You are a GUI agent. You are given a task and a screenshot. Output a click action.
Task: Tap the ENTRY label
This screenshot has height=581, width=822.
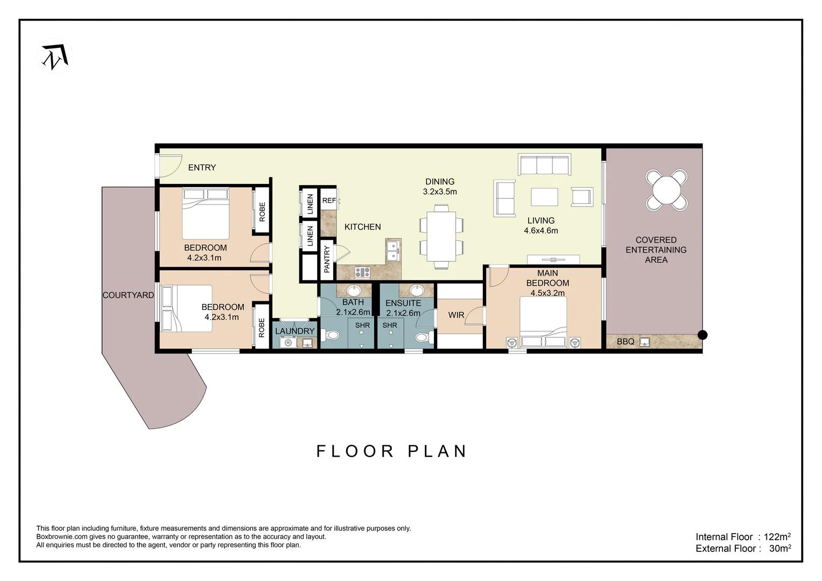[x=202, y=168]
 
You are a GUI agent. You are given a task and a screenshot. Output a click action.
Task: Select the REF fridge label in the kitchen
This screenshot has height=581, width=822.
[x=329, y=201]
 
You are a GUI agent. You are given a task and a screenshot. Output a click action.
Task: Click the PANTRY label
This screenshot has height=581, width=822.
[x=327, y=259]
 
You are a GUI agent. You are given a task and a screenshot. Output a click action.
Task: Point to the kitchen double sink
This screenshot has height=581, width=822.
[x=393, y=251]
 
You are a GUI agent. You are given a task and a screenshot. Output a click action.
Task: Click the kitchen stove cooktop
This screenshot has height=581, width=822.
[x=362, y=272]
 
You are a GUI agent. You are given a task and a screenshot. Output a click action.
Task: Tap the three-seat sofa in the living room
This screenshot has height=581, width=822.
[x=544, y=165]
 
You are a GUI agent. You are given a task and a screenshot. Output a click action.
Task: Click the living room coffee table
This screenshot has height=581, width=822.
[x=544, y=197]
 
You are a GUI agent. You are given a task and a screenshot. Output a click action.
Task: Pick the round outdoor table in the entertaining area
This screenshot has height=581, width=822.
[x=666, y=190]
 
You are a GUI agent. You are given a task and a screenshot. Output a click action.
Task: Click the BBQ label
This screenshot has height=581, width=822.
[x=625, y=342]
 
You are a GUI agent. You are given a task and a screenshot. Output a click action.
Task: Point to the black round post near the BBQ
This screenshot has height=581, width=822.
[x=702, y=335]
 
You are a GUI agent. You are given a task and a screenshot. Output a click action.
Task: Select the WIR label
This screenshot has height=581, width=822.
[x=456, y=315]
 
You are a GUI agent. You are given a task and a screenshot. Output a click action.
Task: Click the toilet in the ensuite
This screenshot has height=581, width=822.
[x=423, y=337]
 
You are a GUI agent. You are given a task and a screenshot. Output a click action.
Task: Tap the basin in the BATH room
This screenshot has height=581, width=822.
[x=354, y=291]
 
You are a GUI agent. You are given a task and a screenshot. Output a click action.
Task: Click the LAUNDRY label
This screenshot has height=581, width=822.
[x=294, y=331]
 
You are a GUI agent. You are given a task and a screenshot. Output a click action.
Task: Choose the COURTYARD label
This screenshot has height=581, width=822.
[x=128, y=295]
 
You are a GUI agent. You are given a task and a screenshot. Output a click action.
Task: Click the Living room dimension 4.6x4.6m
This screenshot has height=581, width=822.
[x=540, y=231]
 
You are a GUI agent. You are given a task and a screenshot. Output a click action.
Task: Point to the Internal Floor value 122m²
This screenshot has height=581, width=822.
[x=777, y=537]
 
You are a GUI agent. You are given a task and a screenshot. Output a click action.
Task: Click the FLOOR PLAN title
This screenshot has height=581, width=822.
[x=391, y=451]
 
